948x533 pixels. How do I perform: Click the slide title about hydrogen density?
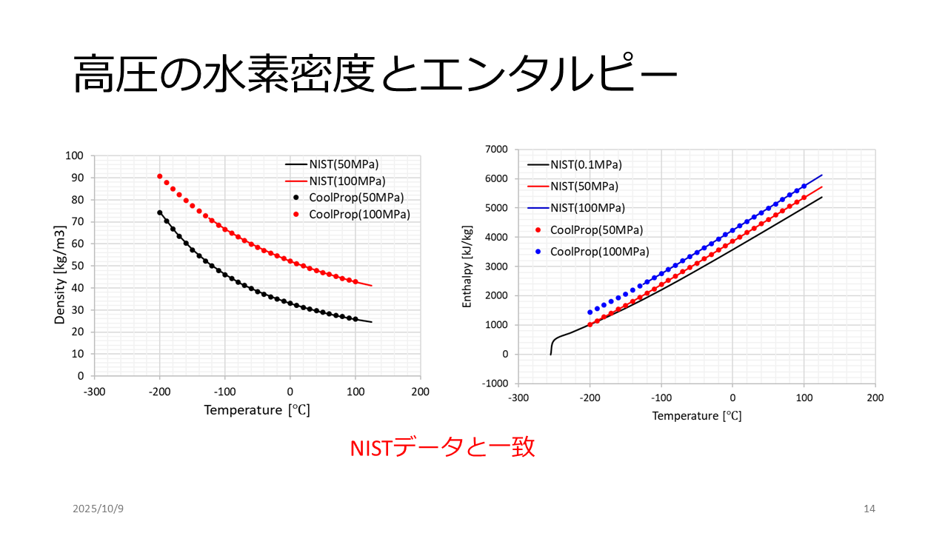click(x=375, y=74)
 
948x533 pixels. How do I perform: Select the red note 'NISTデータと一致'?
click(x=442, y=448)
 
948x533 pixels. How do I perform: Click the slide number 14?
click(x=869, y=509)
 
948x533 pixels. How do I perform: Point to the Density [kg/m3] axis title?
click(x=60, y=265)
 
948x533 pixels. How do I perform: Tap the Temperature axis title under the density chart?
click(x=257, y=409)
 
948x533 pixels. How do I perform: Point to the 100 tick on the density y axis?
click(x=74, y=156)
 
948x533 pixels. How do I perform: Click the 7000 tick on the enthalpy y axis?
click(x=496, y=150)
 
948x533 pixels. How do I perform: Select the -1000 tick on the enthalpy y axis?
click(x=493, y=383)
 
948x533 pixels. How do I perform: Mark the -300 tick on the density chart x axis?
click(x=94, y=392)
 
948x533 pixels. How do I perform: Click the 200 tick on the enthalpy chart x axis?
click(x=875, y=398)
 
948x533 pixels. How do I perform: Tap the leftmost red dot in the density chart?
click(x=160, y=176)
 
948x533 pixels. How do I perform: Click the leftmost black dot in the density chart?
click(x=160, y=212)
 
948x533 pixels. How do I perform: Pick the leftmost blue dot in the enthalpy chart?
click(x=590, y=312)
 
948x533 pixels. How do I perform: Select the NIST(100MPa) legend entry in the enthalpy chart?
click(x=587, y=208)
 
